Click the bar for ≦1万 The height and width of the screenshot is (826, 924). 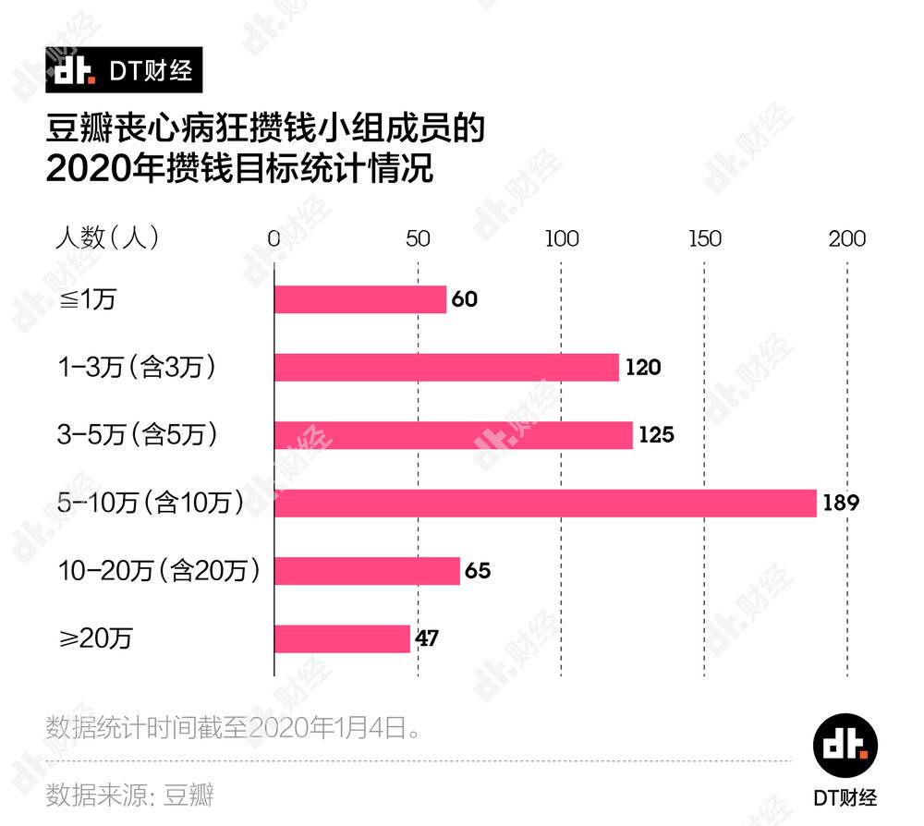360,299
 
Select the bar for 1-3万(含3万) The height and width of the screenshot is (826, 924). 446,367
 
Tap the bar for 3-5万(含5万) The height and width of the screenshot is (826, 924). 454,434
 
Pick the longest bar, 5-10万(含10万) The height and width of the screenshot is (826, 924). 545,503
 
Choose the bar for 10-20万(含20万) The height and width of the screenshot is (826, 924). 367,570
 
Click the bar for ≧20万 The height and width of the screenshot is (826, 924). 342,638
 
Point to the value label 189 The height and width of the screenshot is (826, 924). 842,504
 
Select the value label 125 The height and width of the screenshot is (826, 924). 657,435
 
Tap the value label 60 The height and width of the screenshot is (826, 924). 464,300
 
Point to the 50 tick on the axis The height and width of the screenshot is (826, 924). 418,238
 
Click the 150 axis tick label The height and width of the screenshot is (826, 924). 705,238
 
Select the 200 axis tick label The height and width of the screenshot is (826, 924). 846,238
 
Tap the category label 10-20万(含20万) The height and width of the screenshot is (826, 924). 158,570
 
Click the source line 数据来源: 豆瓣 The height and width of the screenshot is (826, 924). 129,794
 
